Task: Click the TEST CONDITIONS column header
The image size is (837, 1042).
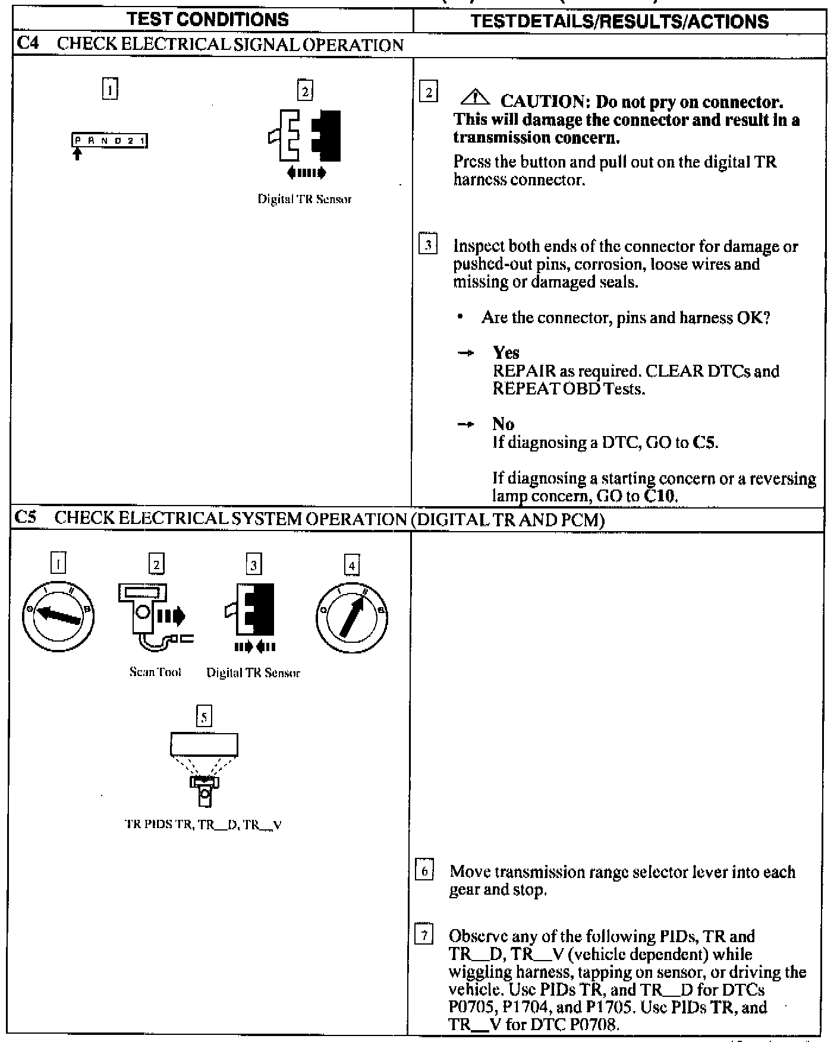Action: click(208, 20)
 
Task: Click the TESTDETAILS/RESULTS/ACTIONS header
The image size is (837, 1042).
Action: click(619, 21)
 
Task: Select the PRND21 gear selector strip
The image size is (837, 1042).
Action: click(110, 141)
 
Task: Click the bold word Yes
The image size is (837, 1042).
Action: click(506, 353)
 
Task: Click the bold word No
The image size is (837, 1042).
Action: click(503, 424)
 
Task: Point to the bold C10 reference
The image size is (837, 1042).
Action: click(660, 496)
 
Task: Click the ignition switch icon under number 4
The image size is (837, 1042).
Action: click(351, 618)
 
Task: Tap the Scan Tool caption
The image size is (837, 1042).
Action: click(155, 672)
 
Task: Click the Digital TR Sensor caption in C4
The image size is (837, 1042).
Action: click(304, 200)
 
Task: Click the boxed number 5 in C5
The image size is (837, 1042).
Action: click(204, 717)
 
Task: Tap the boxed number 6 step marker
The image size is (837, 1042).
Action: click(424, 872)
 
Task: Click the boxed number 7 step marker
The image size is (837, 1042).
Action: click(424, 936)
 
